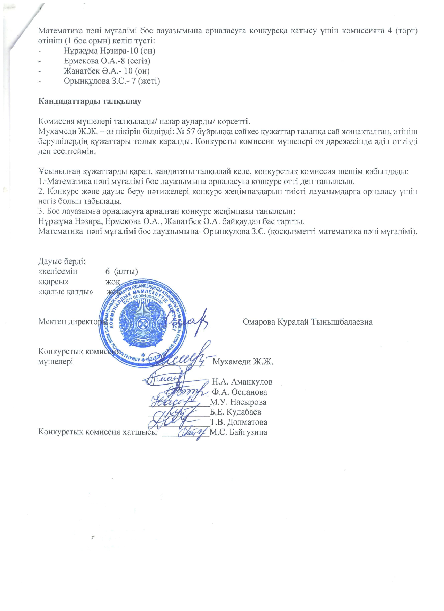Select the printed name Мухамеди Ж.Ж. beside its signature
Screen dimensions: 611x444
pyautogui.click(x=243, y=361)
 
